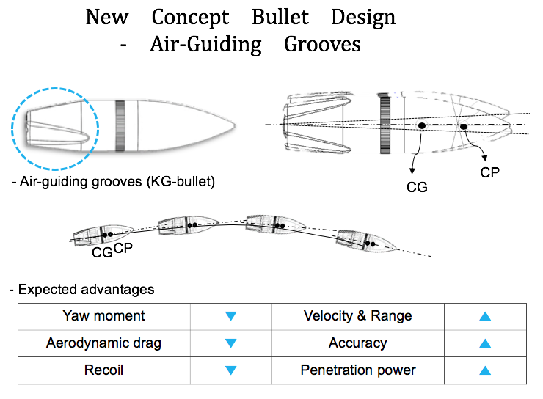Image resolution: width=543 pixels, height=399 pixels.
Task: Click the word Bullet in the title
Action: pos(280,17)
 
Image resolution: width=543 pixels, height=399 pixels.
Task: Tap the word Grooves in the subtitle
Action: pos(322,44)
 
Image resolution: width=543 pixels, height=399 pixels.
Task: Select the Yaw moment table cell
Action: pos(104,316)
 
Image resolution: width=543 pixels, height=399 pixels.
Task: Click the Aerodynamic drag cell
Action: pos(104,343)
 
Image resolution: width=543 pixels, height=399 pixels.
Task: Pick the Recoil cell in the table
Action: pos(104,370)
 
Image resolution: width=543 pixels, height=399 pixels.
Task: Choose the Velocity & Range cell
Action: pos(358,316)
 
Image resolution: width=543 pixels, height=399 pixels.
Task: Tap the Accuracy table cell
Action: pos(358,343)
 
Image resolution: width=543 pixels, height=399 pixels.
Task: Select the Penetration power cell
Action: pos(358,370)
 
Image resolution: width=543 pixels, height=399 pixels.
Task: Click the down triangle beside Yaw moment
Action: pos(230,315)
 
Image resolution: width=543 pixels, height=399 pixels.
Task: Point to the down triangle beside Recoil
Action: pos(230,370)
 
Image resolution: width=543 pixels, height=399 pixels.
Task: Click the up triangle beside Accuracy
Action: pos(485,343)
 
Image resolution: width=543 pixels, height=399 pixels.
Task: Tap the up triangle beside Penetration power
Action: pos(485,370)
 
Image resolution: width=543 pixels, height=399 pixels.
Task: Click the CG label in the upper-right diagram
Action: pos(417,187)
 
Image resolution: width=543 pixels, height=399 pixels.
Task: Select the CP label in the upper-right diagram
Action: pos(489,172)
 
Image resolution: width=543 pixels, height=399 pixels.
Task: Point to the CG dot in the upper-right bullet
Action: pos(422,125)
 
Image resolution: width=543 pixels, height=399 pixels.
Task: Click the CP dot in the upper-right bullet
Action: pos(464,127)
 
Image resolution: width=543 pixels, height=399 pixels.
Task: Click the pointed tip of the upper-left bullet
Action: pos(235,126)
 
